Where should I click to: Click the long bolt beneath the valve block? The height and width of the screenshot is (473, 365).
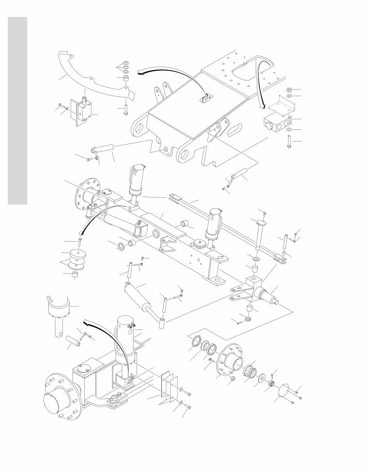289,141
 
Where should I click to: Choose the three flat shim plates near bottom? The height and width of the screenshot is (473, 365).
169,387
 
